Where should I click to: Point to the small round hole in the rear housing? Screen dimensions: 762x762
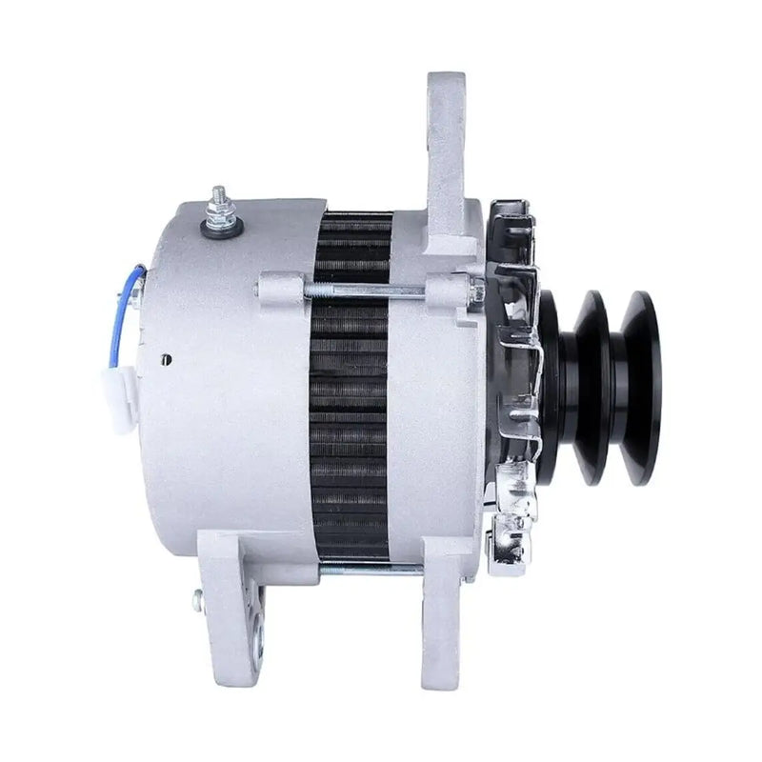tap(167, 359)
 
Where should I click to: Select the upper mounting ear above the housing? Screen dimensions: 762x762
tap(445, 143)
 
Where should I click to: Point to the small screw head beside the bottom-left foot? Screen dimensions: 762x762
tap(197, 600)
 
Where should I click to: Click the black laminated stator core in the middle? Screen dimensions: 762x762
tap(351, 400)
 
